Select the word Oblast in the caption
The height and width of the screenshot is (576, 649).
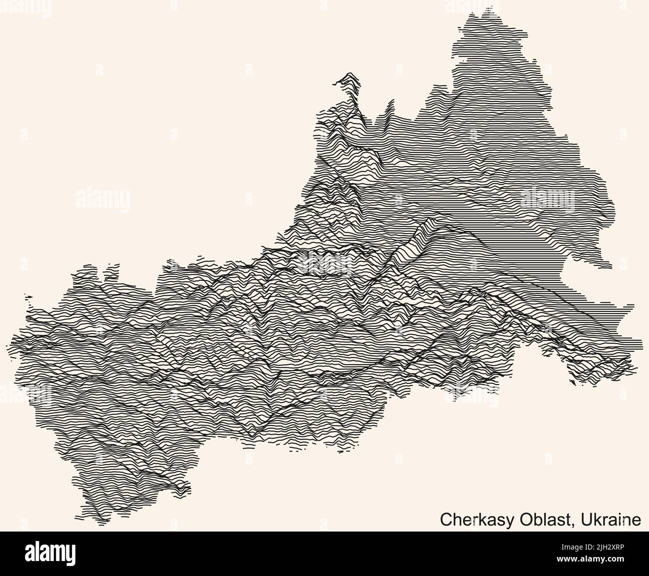[537, 520]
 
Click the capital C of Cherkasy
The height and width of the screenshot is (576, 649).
[445, 520]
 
